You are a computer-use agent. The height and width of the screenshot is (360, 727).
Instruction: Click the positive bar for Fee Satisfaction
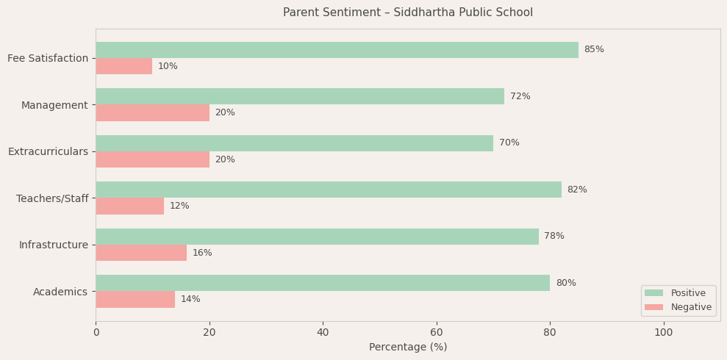(337, 50)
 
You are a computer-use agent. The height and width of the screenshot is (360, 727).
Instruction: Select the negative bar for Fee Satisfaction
(124, 66)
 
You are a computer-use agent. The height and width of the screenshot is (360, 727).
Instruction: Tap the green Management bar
(300, 96)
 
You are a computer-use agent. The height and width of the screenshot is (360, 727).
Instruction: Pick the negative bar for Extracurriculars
(152, 159)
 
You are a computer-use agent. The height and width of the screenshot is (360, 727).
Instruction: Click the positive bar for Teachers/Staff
(329, 190)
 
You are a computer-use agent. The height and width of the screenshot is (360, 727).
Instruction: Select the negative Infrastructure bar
(141, 253)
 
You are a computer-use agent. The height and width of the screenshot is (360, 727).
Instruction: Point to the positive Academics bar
(323, 283)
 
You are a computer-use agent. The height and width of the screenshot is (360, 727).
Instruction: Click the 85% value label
(594, 50)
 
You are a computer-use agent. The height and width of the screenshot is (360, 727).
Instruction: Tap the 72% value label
(520, 96)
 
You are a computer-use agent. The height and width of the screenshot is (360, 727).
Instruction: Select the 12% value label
(179, 206)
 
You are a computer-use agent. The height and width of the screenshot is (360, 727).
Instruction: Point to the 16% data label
(202, 253)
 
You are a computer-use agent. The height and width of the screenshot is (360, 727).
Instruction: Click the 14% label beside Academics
(190, 300)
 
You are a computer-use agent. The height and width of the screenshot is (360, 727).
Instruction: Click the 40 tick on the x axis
(323, 333)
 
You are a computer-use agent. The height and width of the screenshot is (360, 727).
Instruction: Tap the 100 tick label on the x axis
(663, 333)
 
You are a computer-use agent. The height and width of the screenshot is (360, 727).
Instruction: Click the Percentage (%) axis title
(408, 348)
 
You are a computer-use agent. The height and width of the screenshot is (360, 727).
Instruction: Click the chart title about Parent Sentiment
(408, 12)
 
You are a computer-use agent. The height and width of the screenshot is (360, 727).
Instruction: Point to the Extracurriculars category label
(48, 151)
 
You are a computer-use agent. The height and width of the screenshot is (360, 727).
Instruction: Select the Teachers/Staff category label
(52, 198)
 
